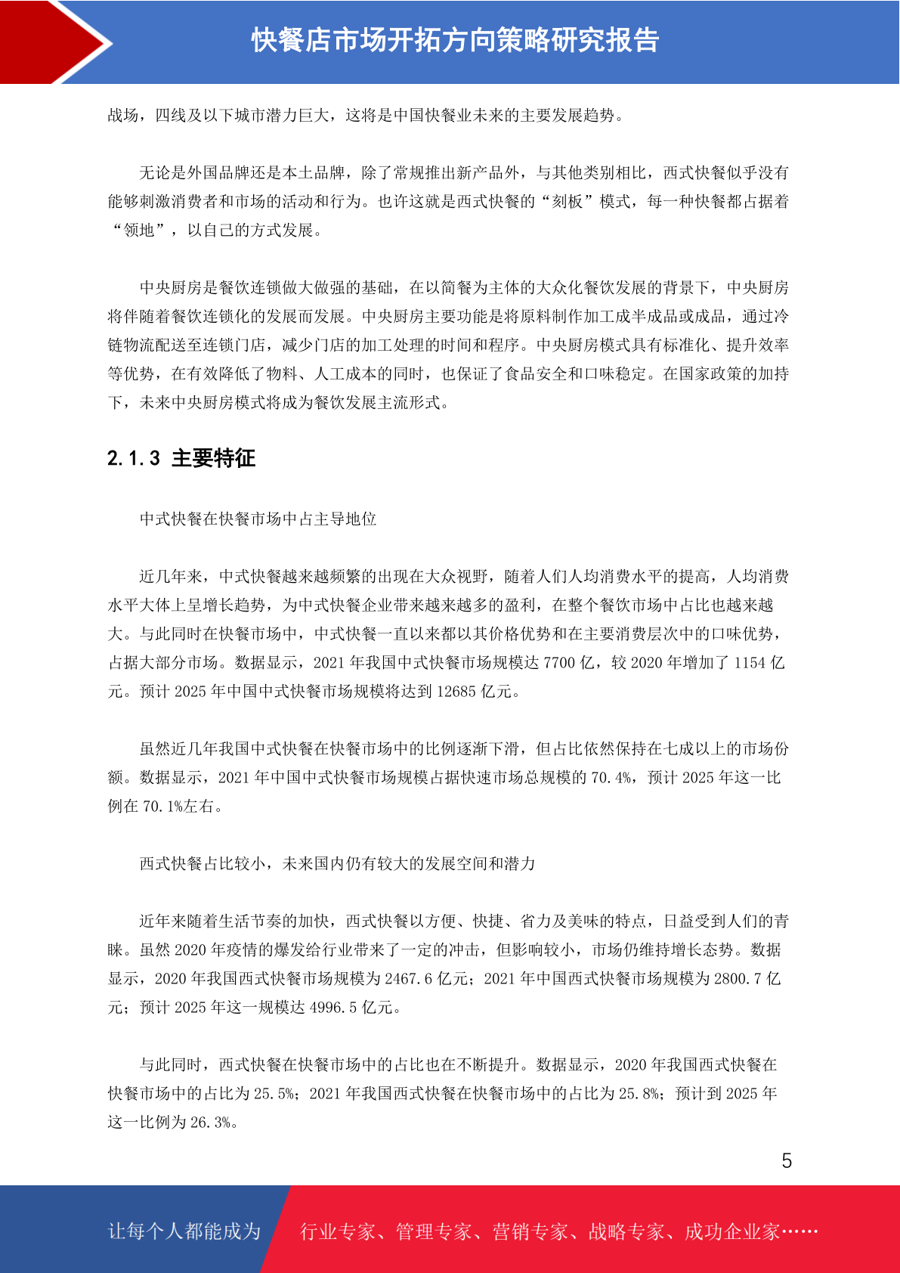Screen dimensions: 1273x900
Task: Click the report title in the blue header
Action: pos(455,41)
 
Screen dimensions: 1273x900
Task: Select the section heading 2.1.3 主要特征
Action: pos(181,458)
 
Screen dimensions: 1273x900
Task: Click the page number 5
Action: pos(787,1161)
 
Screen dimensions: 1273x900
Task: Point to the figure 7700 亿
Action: pos(569,663)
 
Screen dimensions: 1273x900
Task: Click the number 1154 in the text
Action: pos(750,663)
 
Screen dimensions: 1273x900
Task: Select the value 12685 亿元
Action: pos(475,692)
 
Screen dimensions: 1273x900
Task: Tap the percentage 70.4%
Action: pos(611,778)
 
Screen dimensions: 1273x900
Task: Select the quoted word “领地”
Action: pos(139,231)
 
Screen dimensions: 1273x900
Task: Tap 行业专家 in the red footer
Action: pos(338,1232)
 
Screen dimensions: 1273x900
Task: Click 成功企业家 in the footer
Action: pos(731,1232)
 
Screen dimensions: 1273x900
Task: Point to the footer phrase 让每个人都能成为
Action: pos(184,1231)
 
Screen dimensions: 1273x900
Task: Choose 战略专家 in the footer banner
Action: pos(626,1232)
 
